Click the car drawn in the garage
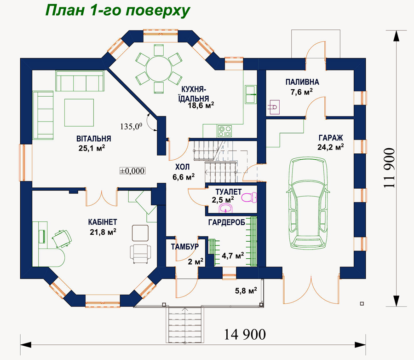pyautogui.click(x=308, y=203)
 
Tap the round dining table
pyautogui.click(x=159, y=69)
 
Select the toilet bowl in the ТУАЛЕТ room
pyautogui.click(x=249, y=197)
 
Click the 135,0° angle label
pyautogui.click(x=131, y=126)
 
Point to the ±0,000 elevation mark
pyautogui.click(x=132, y=171)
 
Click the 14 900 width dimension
pyautogui.click(x=245, y=334)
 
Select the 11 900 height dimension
pyautogui.click(x=390, y=168)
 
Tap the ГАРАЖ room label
pyautogui.click(x=331, y=138)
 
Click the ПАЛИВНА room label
pyautogui.click(x=302, y=82)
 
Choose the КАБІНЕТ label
pyautogui.click(x=103, y=222)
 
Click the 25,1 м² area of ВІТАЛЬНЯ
pyautogui.click(x=92, y=148)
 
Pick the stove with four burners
pyautogui.click(x=224, y=131)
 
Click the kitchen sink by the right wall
pyautogui.click(x=251, y=94)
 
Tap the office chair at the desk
pyautogui.click(x=62, y=238)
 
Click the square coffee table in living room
pyautogui.click(x=79, y=112)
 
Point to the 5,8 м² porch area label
pyautogui.click(x=246, y=291)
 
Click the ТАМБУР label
pyautogui.click(x=184, y=247)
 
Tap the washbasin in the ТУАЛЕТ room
pyautogui.click(x=226, y=208)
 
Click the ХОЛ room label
pyautogui.click(x=183, y=167)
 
